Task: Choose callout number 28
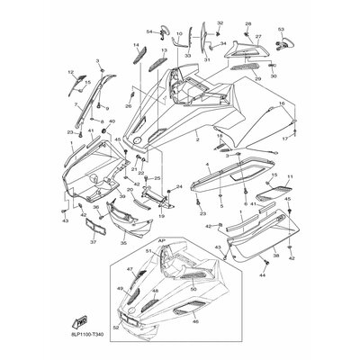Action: tap(248, 22)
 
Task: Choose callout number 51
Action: tap(149, 251)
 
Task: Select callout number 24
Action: tap(178, 186)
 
